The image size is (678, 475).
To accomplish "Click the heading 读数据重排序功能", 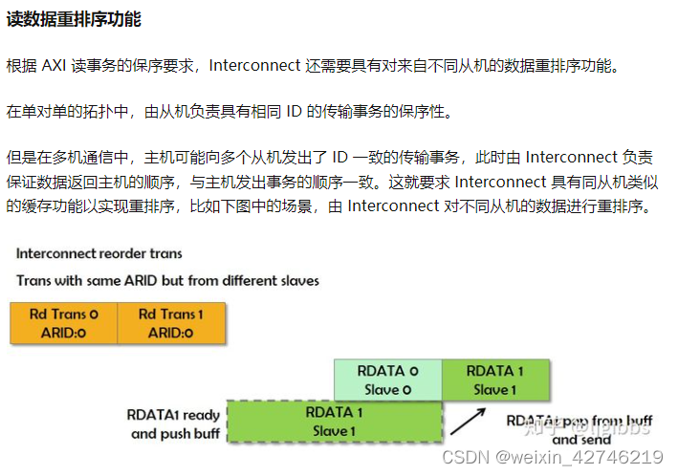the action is click(74, 20).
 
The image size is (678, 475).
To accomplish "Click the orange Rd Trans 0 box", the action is click(63, 323).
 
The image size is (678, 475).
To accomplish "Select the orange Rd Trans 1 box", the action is click(171, 323).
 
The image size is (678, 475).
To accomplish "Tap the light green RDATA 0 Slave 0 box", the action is click(387, 379).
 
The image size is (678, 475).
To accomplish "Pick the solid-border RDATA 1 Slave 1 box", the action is click(495, 379).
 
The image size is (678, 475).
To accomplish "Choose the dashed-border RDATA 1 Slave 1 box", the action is click(334, 421).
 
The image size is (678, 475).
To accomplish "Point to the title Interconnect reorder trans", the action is click(99, 254).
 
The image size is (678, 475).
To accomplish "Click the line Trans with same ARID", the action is click(167, 281).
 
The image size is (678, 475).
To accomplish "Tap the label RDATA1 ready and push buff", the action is click(175, 424).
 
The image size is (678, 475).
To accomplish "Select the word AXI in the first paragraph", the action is click(55, 66).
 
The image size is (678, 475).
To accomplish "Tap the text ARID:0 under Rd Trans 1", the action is click(171, 333).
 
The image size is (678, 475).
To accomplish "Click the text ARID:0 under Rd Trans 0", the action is click(63, 333).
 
